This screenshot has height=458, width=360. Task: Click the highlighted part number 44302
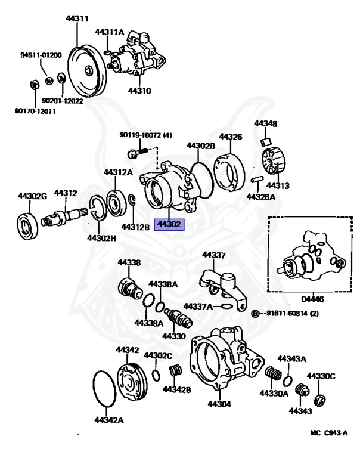(x=170, y=225)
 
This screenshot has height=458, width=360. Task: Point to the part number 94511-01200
(x=41, y=55)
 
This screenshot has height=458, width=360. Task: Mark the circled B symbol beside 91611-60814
(x=255, y=314)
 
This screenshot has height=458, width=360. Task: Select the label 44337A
(x=197, y=306)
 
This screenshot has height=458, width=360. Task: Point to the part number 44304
(x=219, y=404)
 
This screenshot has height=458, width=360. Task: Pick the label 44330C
(x=321, y=376)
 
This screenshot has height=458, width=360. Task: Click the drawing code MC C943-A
(x=328, y=433)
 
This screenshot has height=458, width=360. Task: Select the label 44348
(x=266, y=123)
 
